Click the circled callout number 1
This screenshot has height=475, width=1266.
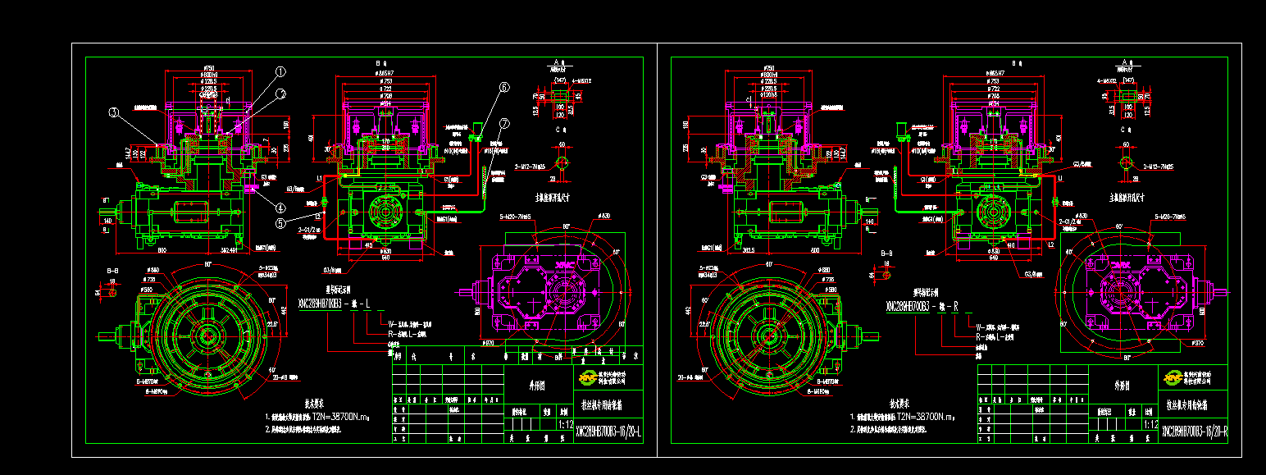pos(280,71)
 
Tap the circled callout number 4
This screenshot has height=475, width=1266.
pos(280,208)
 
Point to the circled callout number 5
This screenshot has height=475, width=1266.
pos(280,222)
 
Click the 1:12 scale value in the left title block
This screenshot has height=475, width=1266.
pos(565,426)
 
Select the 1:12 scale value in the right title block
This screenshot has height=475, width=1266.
pos(1150,426)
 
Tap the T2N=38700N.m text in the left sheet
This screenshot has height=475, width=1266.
pos(341,417)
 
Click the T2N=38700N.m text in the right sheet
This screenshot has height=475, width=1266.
pos(926,417)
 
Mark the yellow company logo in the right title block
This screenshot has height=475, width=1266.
pos(1173,377)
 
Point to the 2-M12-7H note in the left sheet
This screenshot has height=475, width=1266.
pos(534,167)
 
